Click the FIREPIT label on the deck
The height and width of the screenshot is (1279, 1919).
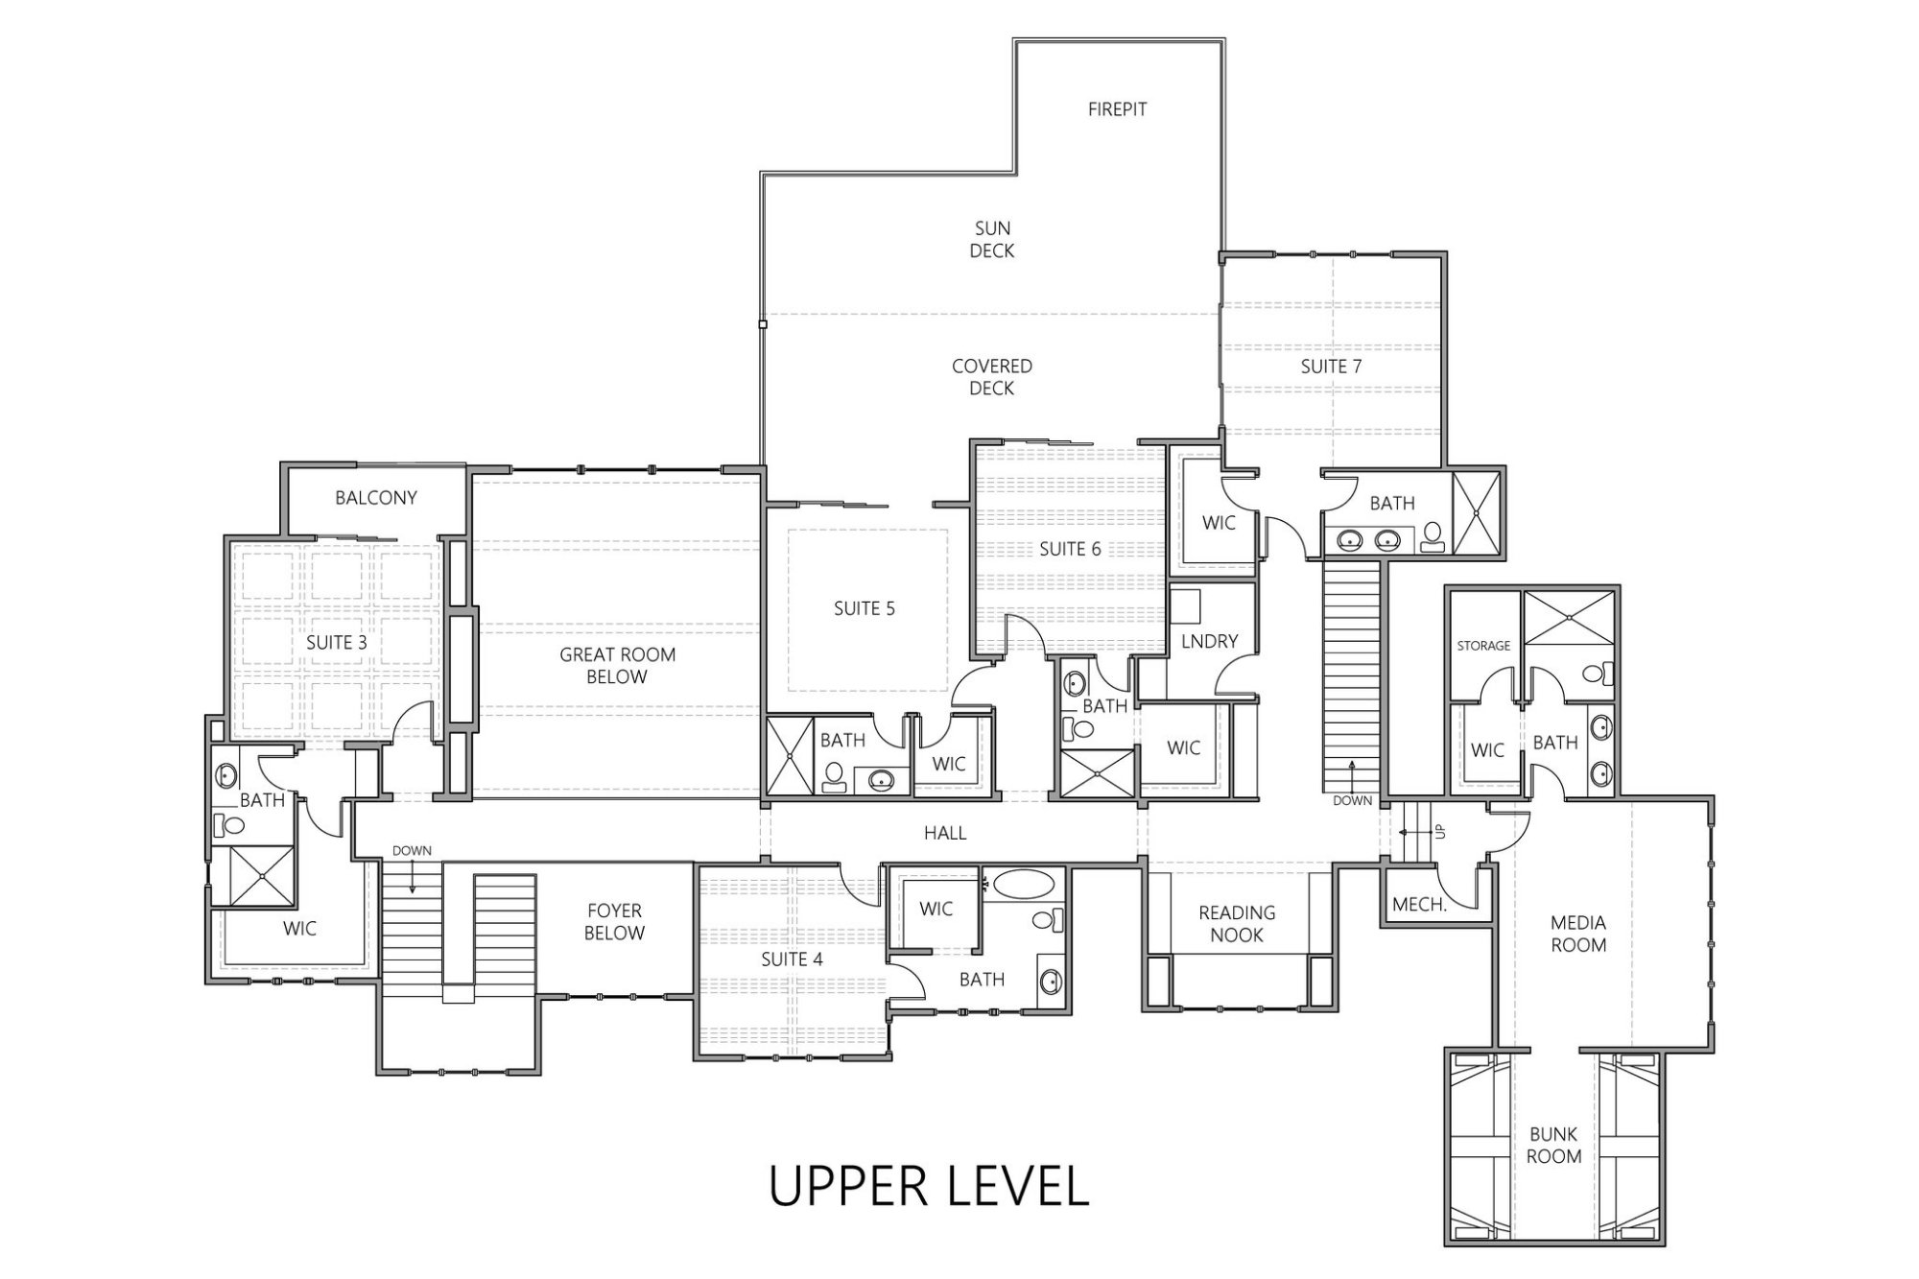coord(1117,109)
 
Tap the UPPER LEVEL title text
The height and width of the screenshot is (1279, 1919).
coord(929,1186)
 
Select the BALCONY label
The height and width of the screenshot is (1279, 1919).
coord(376,498)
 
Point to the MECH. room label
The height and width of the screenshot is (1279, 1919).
coord(1419,905)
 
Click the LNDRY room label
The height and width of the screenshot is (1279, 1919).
coord(1209,641)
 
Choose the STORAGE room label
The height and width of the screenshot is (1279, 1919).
coord(1483,646)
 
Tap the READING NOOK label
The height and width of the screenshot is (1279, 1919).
coord(1237,924)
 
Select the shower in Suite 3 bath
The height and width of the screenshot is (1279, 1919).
coord(251,875)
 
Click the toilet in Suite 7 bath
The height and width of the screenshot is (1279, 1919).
coord(1433,536)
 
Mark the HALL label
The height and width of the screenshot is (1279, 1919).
coord(945,834)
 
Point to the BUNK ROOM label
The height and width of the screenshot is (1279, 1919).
coord(1553,1145)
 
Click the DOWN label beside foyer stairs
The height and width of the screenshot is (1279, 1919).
coord(412,851)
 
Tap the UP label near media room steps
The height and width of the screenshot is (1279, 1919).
coord(1440,831)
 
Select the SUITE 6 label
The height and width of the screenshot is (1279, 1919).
coord(1070,549)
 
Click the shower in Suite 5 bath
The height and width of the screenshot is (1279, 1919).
coord(790,756)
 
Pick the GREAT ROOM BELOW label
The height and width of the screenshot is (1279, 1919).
coord(617,666)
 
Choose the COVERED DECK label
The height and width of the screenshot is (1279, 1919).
coord(992,377)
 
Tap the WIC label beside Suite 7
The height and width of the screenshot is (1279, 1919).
coord(1219,523)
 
